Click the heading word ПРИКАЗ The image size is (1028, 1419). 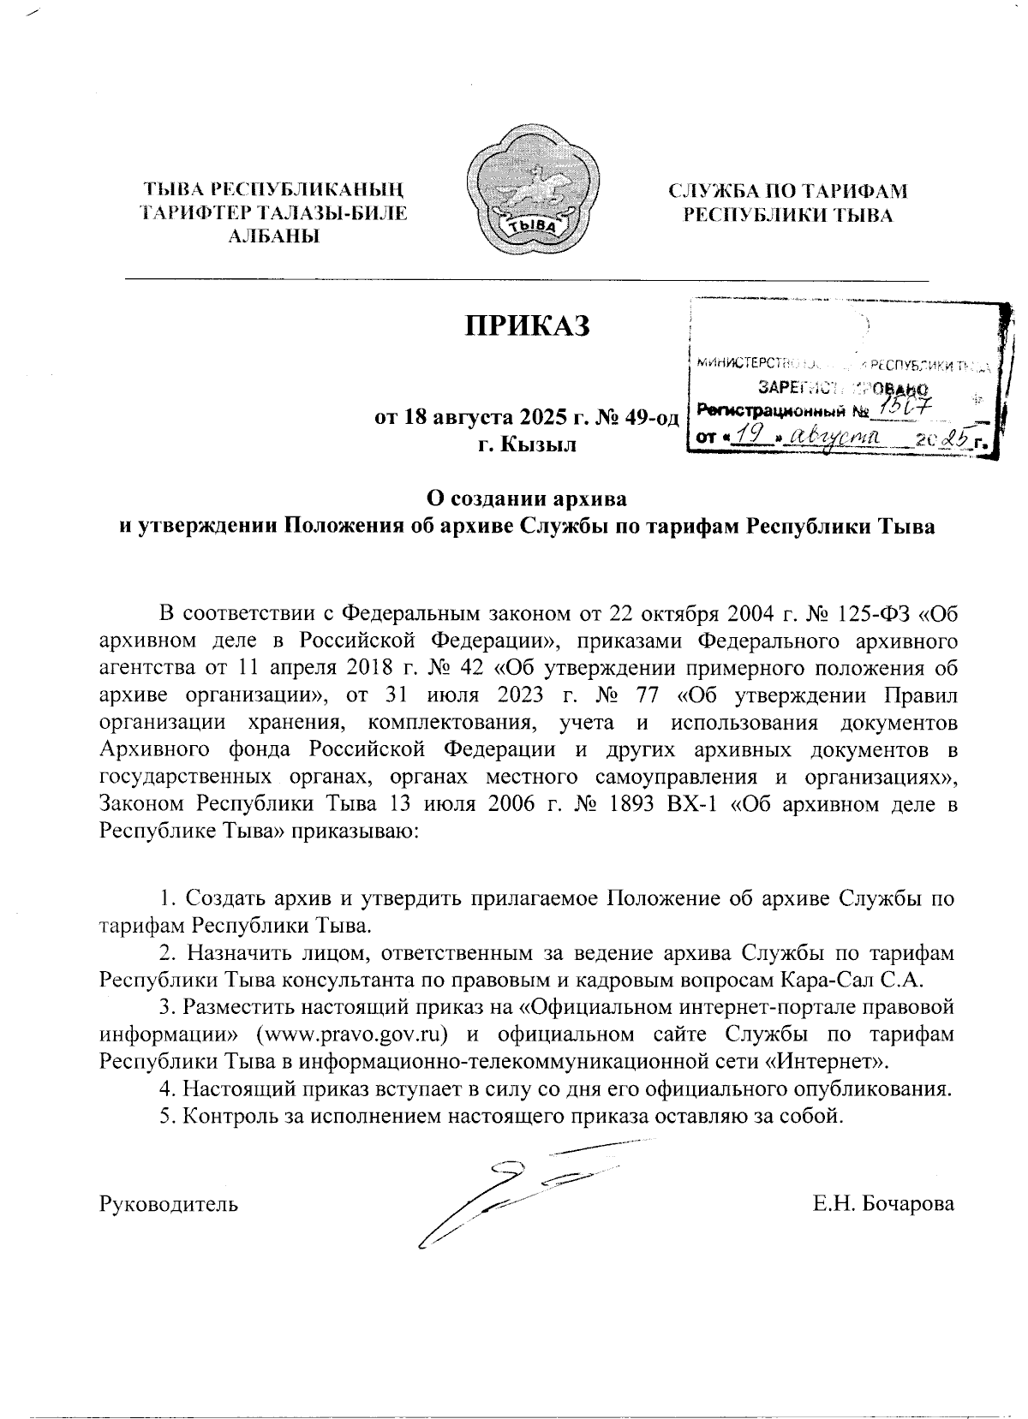528,326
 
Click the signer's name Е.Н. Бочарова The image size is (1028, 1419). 883,1203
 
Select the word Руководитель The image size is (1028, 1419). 169,1203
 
